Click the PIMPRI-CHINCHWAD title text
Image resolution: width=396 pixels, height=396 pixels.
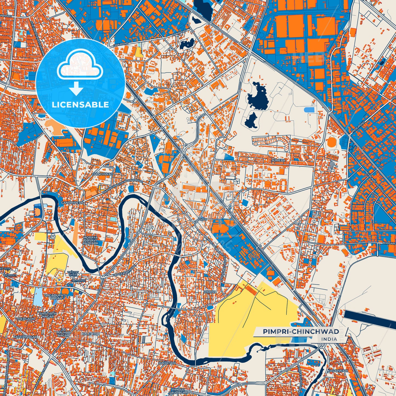click(x=301, y=332)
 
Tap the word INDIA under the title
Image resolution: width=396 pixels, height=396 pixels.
click(x=329, y=339)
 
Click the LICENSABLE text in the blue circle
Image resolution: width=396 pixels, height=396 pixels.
click(x=80, y=105)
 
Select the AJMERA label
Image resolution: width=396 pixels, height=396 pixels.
click(x=278, y=160)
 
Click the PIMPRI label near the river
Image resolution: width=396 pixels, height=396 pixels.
click(x=210, y=292)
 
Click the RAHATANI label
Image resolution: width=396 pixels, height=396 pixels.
click(x=167, y=363)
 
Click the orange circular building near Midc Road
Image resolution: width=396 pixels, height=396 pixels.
click(x=331, y=142)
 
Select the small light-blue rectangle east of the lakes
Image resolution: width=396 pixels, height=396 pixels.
click(x=309, y=110)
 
